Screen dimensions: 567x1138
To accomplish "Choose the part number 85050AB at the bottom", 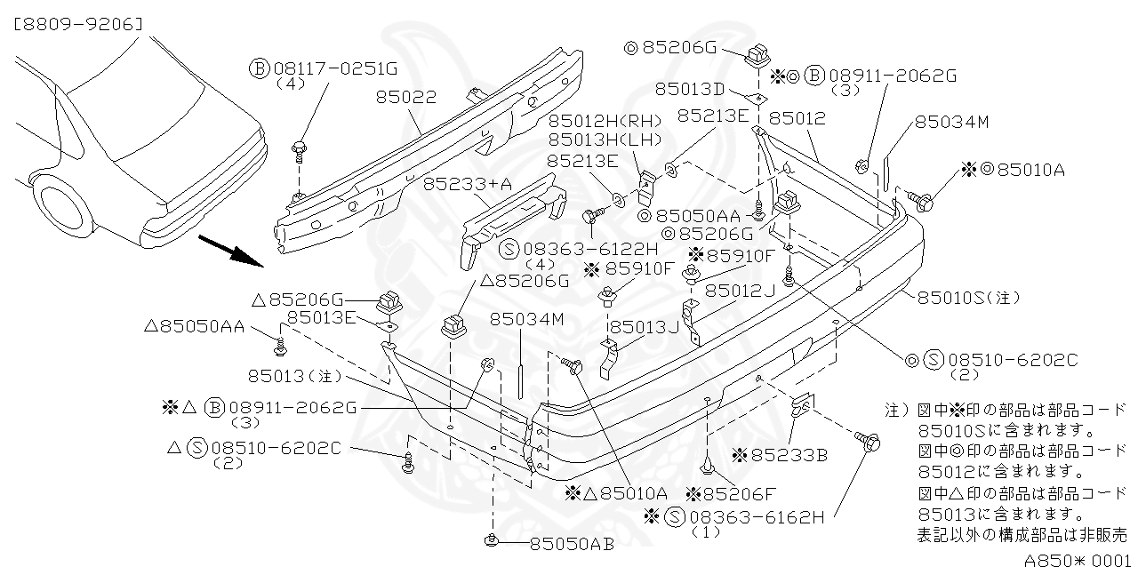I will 572,544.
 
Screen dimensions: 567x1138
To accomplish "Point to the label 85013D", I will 691,89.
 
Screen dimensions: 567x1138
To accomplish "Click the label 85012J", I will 740,290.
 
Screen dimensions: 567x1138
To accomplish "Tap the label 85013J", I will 644,326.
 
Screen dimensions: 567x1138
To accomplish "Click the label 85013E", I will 321,317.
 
